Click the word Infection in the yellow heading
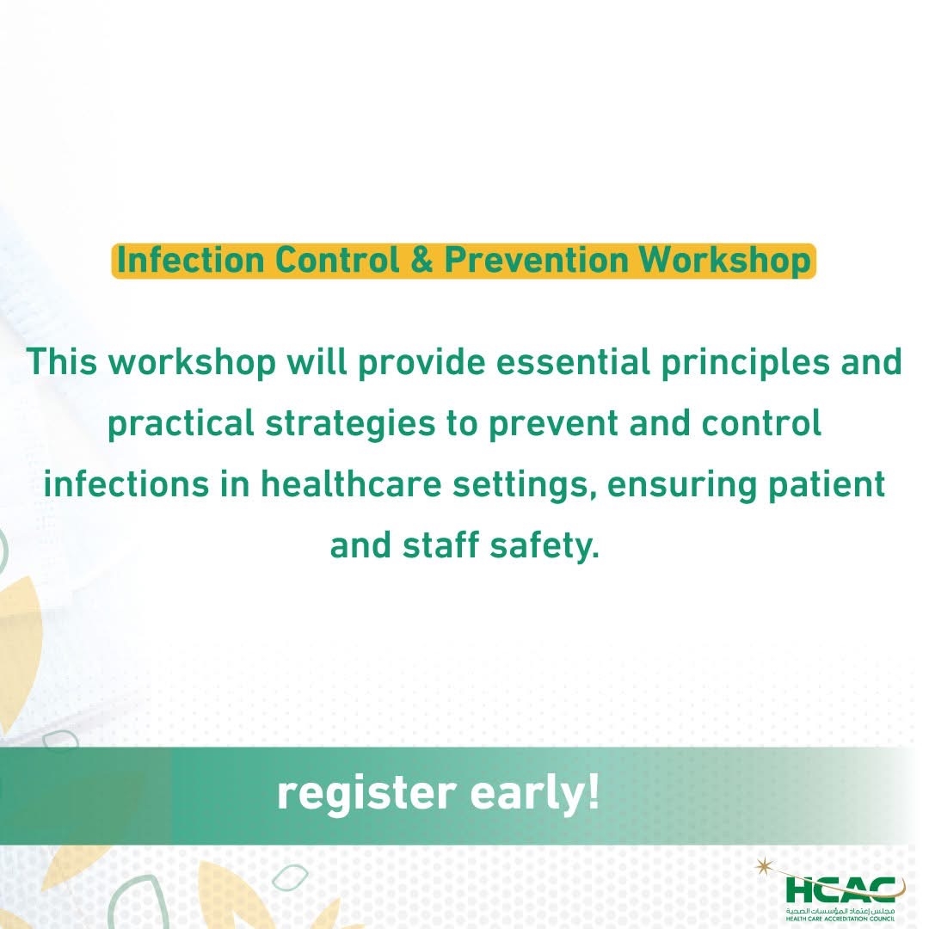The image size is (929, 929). click(190, 260)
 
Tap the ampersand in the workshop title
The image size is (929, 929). click(421, 260)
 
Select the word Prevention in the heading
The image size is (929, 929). click(536, 260)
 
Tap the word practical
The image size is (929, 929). click(181, 424)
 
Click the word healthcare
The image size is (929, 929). click(351, 483)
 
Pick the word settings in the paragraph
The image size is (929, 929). click(525, 485)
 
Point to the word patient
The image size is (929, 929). click(827, 485)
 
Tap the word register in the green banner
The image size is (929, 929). click(366, 795)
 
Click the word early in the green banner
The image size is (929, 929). click(535, 795)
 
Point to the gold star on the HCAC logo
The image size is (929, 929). click(764, 867)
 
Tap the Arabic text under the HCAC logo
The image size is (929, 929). click(840, 911)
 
